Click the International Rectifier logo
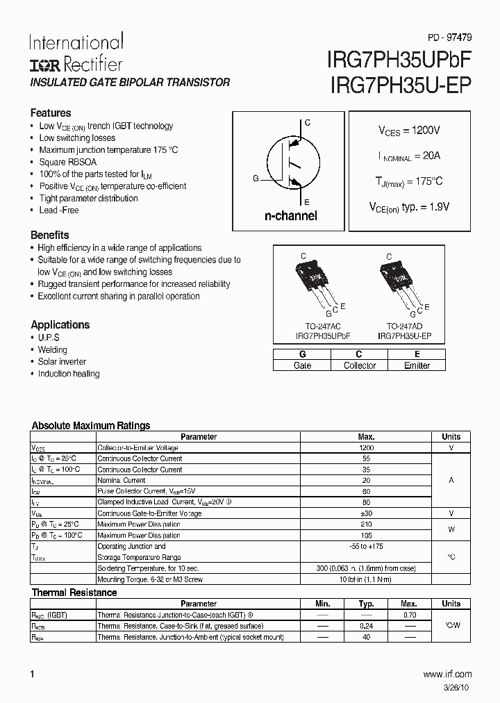click(x=76, y=52)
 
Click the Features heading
click(x=51, y=113)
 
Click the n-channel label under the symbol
click(x=290, y=215)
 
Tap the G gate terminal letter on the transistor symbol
click(x=256, y=179)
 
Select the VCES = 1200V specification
click(x=409, y=131)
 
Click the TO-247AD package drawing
click(x=399, y=285)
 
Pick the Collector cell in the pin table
click(x=359, y=365)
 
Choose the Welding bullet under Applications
click(x=53, y=349)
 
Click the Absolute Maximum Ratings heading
click(x=91, y=425)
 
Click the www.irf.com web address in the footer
click(x=447, y=674)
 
